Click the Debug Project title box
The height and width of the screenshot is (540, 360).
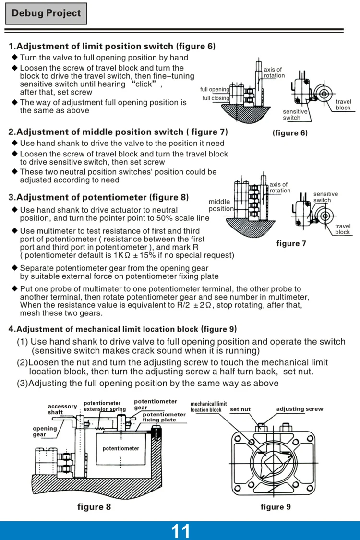(46, 13)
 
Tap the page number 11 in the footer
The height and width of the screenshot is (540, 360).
(180, 531)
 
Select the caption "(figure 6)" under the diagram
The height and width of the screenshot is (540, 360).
(289, 133)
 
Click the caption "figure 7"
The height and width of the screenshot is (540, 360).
(291, 243)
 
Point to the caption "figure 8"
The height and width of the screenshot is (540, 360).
(94, 507)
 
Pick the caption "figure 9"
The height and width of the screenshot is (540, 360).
(276, 507)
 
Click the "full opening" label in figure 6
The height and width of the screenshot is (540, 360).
(215, 90)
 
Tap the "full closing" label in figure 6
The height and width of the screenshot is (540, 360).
(216, 98)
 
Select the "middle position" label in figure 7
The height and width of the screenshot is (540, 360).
(220, 205)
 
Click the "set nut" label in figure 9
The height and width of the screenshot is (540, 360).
(240, 409)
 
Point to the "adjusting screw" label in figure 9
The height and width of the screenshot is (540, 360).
(300, 409)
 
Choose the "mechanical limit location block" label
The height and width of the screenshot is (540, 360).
(208, 407)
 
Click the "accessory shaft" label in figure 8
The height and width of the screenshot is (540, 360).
(62, 409)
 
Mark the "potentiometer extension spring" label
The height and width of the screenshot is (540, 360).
(105, 406)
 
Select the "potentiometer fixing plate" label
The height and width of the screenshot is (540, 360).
(164, 417)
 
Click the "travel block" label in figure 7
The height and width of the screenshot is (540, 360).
(343, 229)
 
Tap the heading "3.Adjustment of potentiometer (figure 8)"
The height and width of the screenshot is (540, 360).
(98, 197)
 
